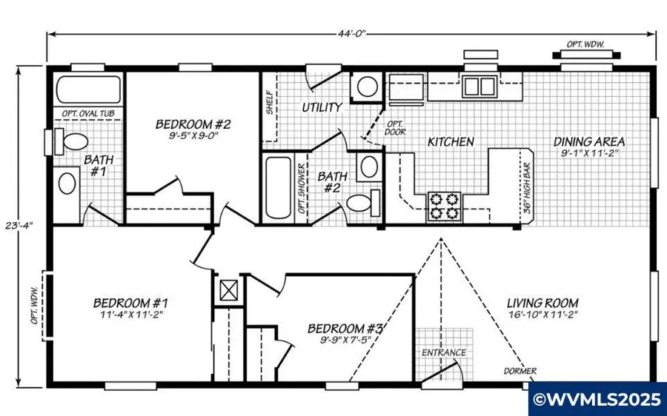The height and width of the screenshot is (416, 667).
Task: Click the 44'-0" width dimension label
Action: pyautogui.click(x=351, y=33)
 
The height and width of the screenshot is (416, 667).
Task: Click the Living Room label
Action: pyautogui.click(x=542, y=303)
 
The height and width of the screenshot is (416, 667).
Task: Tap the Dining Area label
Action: pyautogui.click(x=589, y=141)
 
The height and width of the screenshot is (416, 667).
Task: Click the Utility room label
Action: pyautogui.click(x=322, y=107)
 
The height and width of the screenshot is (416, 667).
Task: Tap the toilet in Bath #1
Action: pyautogui.click(x=73, y=141)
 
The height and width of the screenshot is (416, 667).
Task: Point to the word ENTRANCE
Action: pyautogui.click(x=444, y=352)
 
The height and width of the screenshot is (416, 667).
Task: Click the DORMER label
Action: pyautogui.click(x=520, y=371)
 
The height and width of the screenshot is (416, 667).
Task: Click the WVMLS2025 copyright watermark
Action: pyautogui.click(x=597, y=400)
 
